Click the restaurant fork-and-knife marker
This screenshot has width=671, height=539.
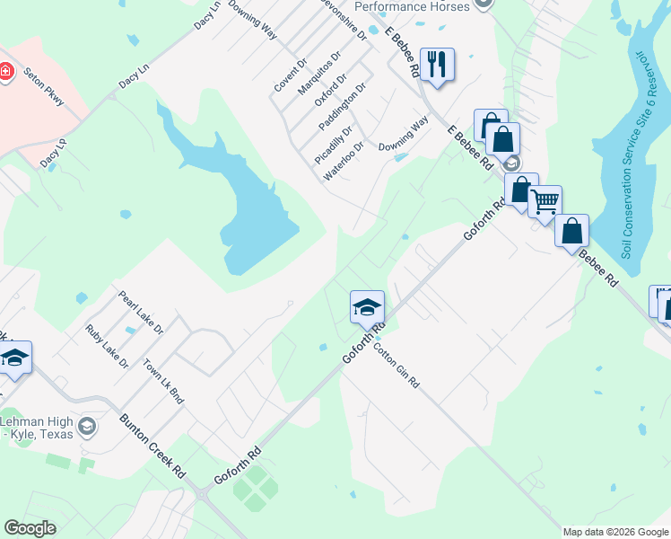pos(438,65)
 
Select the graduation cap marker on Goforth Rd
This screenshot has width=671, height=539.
pos(366,308)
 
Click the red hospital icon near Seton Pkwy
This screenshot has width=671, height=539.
pos(5,71)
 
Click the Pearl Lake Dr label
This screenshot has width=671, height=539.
pos(140,311)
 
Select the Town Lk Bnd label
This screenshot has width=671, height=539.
pos(163,382)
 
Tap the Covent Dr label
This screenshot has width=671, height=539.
pos(291,75)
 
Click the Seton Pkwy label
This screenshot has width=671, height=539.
pos(46,88)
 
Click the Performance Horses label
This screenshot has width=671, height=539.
pos(412,6)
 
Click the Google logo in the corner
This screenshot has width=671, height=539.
pos(30,528)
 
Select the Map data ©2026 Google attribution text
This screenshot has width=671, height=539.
pos(614,532)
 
